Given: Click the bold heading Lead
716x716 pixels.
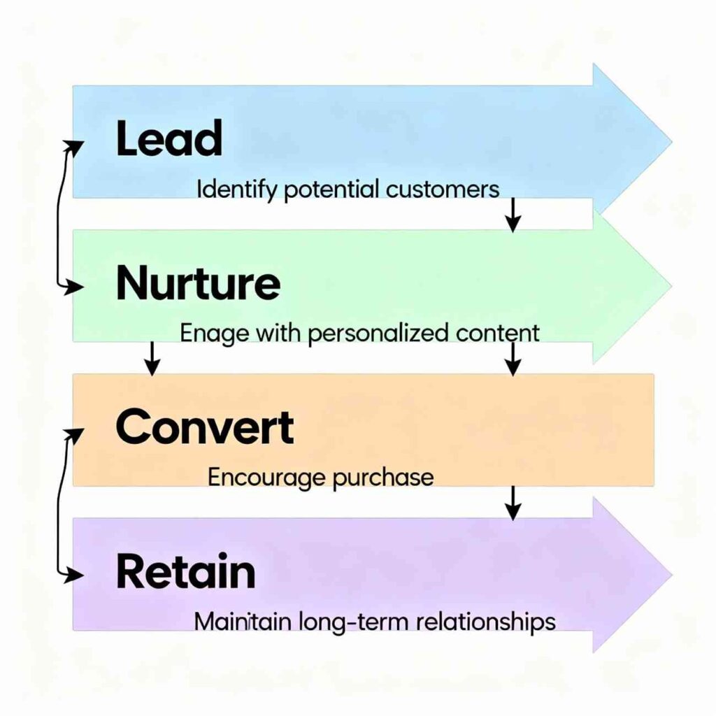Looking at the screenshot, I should pyautogui.click(x=169, y=138).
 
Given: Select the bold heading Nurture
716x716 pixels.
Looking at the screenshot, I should pyautogui.click(x=198, y=284).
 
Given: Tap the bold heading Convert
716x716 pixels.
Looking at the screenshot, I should pyautogui.click(x=204, y=428).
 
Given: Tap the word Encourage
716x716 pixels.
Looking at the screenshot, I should pyautogui.click(x=266, y=478).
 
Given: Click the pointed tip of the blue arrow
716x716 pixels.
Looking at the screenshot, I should pyautogui.click(x=670, y=142).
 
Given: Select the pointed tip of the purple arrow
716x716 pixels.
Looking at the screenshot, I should pyautogui.click(x=670, y=575).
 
